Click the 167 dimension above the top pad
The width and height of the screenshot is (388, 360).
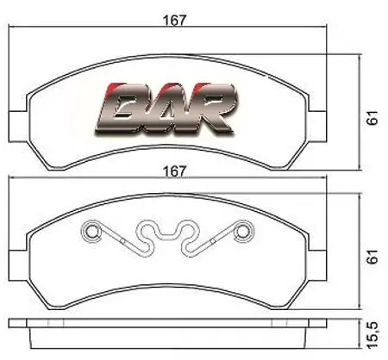click(174, 20)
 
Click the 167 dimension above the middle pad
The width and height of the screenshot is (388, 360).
click(174, 171)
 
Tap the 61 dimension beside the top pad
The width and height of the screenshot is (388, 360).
click(372, 117)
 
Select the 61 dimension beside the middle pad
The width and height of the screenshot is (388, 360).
click(372, 257)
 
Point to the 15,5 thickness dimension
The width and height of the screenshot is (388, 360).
click(372, 335)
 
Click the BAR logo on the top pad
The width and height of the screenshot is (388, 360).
click(166, 109)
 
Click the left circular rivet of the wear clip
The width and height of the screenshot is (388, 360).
click(91, 231)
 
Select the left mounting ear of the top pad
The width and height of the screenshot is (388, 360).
click(18, 126)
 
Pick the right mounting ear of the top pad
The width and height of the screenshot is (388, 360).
click(317, 126)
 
